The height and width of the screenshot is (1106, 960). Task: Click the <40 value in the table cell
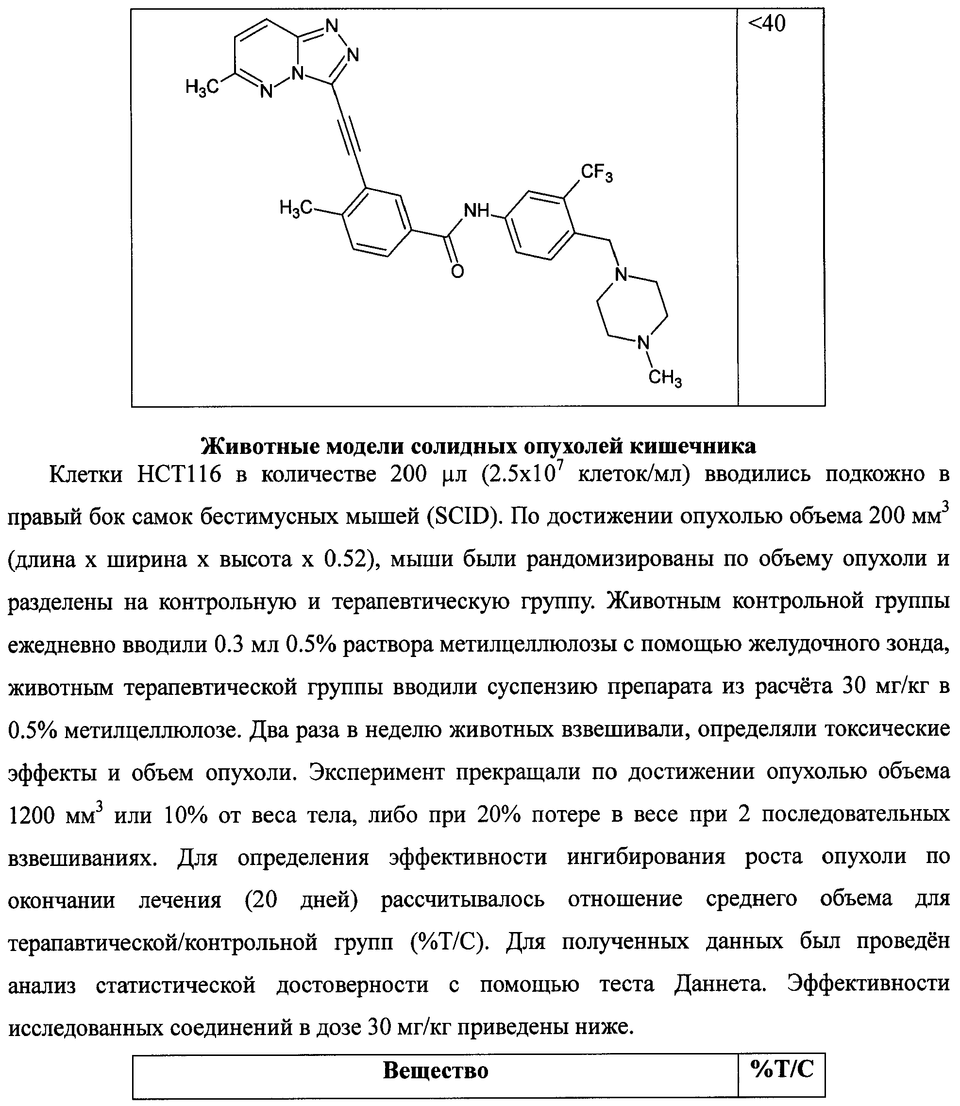tap(767, 24)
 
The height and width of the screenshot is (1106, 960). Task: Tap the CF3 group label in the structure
tap(596, 173)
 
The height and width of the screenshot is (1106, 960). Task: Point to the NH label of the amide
tap(476, 211)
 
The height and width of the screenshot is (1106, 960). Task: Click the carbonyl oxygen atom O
tap(457, 272)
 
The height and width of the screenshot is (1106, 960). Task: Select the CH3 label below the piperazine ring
tap(665, 379)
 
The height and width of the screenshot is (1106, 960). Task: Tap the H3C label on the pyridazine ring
tap(202, 86)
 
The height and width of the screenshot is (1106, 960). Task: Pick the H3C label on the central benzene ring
tap(296, 208)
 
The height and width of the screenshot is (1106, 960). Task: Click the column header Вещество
tap(435, 1071)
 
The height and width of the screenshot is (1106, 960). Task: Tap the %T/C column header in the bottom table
tap(782, 1070)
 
